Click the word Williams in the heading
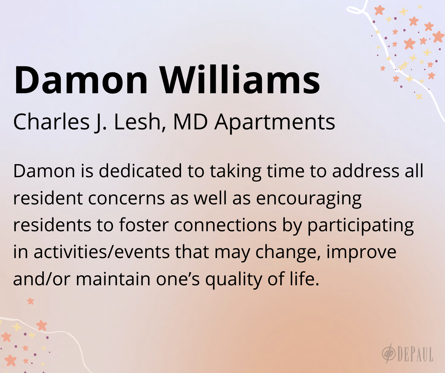click(240, 79)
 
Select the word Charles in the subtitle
click(51, 122)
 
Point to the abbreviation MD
click(190, 122)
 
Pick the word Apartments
click(275, 122)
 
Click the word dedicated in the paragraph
click(140, 171)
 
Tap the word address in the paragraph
click(365, 171)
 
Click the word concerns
click(126, 199)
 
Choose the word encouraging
click(309, 200)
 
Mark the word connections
click(225, 225)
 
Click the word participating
click(361, 226)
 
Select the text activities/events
click(102, 252)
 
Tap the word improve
click(361, 253)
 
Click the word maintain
click(113, 279)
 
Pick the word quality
click(234, 280)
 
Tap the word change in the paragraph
click(288, 253)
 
